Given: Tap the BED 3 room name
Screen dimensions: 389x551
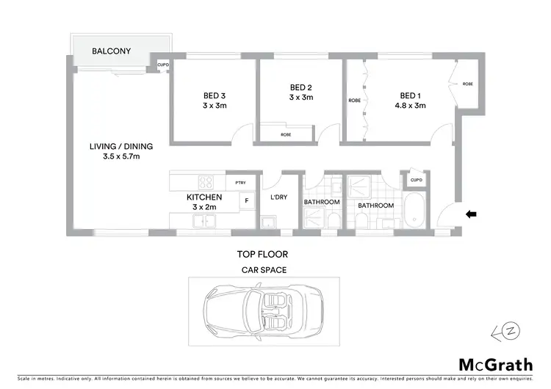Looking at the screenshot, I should (x=215, y=95).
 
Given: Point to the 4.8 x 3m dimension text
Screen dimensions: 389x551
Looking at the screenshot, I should (x=410, y=106).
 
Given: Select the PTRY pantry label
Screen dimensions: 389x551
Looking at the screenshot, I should (x=240, y=183).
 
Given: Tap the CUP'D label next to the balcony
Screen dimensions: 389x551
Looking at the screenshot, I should (x=163, y=65).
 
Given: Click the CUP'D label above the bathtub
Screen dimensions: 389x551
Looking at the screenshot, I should (x=416, y=180).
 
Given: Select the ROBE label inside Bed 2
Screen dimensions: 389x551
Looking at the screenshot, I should (x=287, y=134).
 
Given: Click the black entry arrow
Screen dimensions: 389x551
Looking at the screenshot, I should (x=471, y=214).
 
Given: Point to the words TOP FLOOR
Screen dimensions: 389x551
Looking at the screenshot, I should (x=262, y=255).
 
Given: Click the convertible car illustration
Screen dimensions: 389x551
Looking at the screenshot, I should (x=264, y=310).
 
